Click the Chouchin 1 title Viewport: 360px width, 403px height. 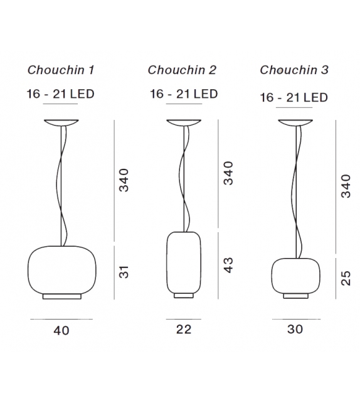click(60, 70)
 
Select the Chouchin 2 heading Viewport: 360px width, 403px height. click(182, 70)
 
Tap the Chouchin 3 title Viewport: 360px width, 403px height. click(294, 70)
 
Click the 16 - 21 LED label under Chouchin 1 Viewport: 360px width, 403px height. click(60, 94)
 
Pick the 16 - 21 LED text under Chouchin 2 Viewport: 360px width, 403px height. click(184, 94)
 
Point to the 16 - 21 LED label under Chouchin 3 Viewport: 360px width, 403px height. click(294, 97)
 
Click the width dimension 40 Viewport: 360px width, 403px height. click(61, 330)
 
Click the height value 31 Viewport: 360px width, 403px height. click(124, 272)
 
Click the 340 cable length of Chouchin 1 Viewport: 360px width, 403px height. click(124, 180)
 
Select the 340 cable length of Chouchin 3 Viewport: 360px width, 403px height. click(346, 186)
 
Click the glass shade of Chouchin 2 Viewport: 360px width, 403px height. click(183, 261)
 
